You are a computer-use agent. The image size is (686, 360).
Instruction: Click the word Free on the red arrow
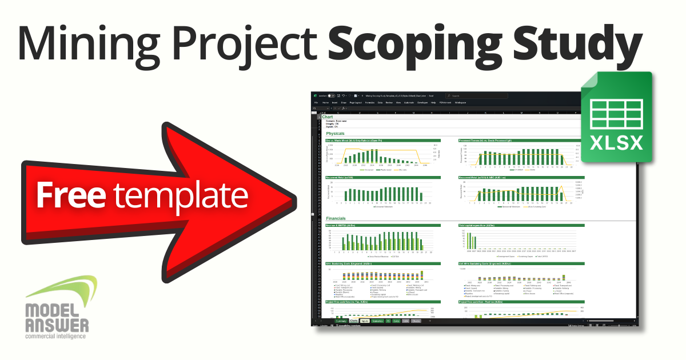[x=71, y=195]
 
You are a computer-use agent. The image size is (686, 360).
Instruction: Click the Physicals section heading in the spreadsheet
[x=336, y=133]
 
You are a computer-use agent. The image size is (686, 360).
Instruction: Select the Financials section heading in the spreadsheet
[x=336, y=219]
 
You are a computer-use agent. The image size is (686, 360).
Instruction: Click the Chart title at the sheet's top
[x=328, y=117]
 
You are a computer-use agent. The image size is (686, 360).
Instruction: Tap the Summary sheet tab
[x=341, y=322]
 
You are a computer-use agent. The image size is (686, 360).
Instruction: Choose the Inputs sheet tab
[x=365, y=322]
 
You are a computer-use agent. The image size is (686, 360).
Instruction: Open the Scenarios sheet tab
[x=377, y=322]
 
